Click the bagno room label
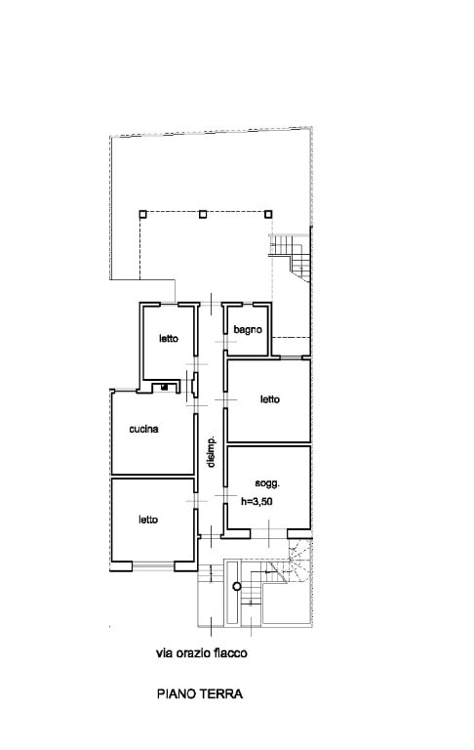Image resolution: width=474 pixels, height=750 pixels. (x=248, y=329)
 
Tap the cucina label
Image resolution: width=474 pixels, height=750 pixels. (x=143, y=429)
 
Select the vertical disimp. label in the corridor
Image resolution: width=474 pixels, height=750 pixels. (x=211, y=452)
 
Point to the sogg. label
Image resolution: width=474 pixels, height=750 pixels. (x=267, y=483)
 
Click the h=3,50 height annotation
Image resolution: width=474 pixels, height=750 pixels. (x=257, y=502)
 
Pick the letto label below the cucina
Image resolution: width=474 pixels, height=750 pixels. (x=148, y=520)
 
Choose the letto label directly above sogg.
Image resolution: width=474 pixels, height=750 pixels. (x=270, y=398)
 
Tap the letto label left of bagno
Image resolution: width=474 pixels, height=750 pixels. (x=169, y=338)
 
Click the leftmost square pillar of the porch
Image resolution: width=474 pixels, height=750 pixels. (x=142, y=214)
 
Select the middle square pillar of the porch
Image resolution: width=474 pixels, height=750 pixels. (x=203, y=214)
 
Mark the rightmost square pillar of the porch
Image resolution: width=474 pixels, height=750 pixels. (x=268, y=214)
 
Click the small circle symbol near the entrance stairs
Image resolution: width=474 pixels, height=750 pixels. (x=237, y=586)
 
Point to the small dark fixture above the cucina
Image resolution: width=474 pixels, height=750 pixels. (x=165, y=387)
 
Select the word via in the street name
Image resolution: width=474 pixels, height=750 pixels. (x=163, y=652)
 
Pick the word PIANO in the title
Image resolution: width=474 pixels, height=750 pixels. (x=177, y=693)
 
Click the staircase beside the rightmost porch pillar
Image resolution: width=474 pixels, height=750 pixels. (x=291, y=258)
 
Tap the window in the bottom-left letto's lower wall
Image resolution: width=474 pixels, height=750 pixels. (x=153, y=566)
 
